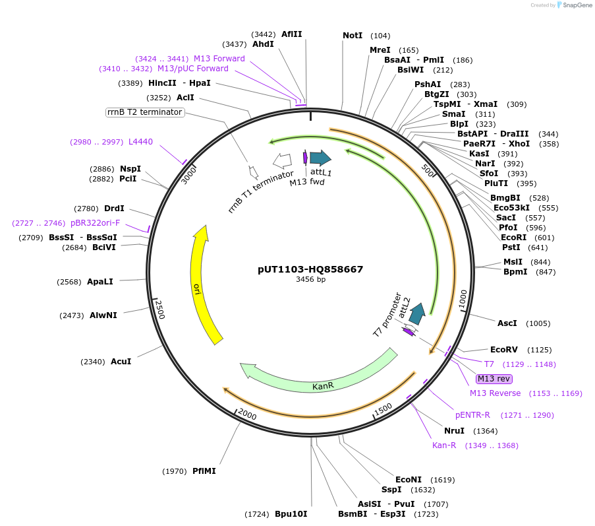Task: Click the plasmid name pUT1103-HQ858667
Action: pos(310,269)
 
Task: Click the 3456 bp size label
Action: pos(310,279)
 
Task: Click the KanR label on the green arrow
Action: pos(323,385)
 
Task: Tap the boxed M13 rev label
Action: pos(494,378)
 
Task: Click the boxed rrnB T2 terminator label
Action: pos(144,112)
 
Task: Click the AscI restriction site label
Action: pos(507,323)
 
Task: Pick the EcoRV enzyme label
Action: pos(504,350)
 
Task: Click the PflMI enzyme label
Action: pos(204,471)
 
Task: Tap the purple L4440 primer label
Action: pos(140,142)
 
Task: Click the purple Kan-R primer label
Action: pos(444,445)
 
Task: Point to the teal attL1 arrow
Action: pos(320,158)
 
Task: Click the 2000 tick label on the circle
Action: pos(247,414)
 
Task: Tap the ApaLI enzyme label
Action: pos(99,281)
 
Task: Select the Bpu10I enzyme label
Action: pos(291,513)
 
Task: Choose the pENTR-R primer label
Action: pos(472,415)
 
